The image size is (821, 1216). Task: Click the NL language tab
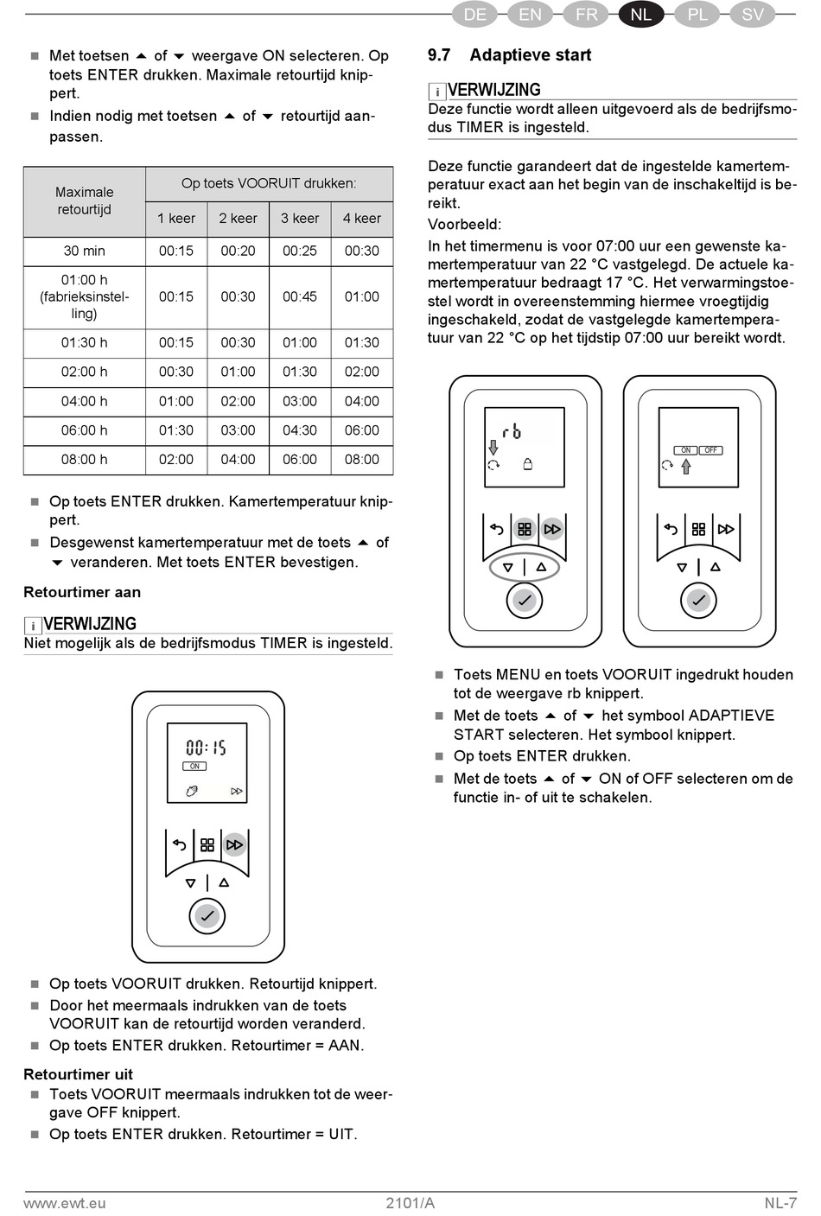coord(640,15)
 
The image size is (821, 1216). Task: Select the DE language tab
coord(474,15)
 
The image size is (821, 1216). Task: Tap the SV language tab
coord(752,15)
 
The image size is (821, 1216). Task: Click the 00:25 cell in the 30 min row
coord(300,251)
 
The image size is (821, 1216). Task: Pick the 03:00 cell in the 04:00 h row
coord(300,401)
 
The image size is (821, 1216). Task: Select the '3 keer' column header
coord(300,218)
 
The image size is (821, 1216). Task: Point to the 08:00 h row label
coord(84,459)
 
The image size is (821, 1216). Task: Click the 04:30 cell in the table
coord(300,430)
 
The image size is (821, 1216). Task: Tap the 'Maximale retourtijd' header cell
coord(84,201)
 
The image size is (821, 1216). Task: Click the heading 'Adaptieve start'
coord(530,55)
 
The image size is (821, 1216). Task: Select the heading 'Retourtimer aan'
coord(82,592)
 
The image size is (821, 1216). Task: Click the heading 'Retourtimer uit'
coord(79,1074)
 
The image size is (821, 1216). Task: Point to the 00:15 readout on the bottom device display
coord(207,747)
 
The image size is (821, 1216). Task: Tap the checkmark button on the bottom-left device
coord(207,915)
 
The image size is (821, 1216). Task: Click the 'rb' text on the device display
coord(512,430)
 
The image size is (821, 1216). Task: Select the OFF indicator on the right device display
coord(710,450)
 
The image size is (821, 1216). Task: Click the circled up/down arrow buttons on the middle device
coord(524,567)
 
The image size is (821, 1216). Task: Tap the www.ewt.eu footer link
coord(65,1202)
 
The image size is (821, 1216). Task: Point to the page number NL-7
coord(780,1202)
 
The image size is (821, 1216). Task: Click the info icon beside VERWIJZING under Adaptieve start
coord(437,92)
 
